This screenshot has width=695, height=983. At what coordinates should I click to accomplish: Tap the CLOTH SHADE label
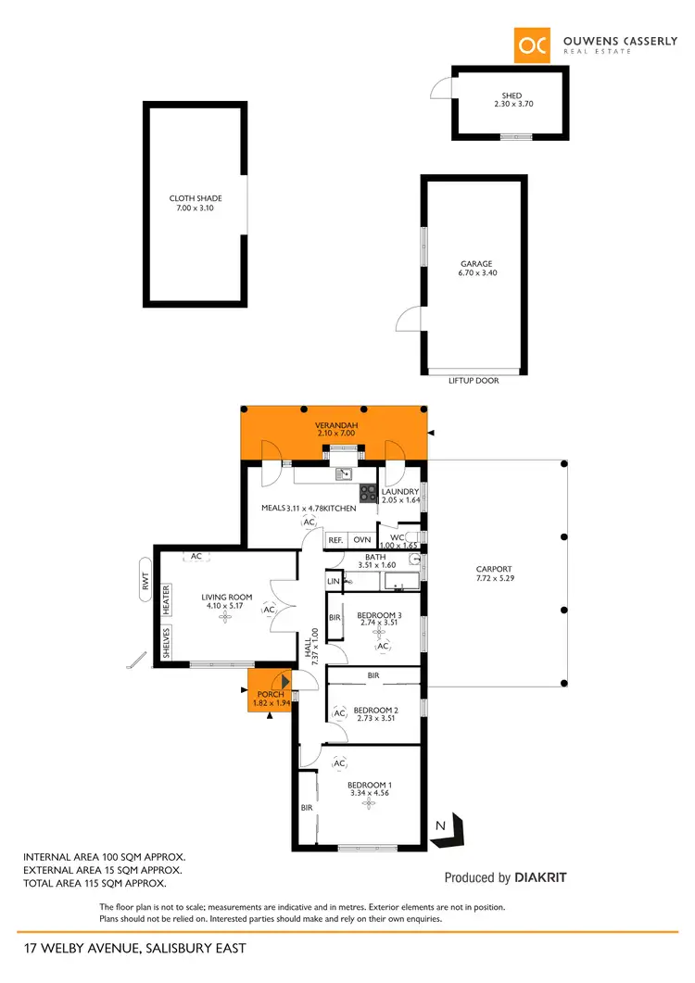(195, 203)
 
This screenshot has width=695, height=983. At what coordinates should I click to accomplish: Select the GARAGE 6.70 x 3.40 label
(477, 269)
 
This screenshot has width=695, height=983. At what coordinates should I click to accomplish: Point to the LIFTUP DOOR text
(474, 381)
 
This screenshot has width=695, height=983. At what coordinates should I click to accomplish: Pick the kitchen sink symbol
(344, 474)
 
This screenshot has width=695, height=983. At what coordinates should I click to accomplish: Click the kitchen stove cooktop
(368, 494)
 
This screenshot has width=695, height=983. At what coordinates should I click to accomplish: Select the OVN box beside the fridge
(361, 539)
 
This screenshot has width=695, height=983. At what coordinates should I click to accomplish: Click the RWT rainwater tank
(145, 580)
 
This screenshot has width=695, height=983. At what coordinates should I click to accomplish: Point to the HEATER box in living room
(167, 599)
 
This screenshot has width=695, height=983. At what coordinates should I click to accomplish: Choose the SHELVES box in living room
(167, 642)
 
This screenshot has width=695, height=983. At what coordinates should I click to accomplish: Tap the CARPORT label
(493, 574)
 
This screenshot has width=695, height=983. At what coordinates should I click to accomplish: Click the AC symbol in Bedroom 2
(340, 713)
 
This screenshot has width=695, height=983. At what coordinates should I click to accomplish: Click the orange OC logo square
(533, 45)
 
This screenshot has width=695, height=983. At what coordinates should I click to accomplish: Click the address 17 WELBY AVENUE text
(135, 948)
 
